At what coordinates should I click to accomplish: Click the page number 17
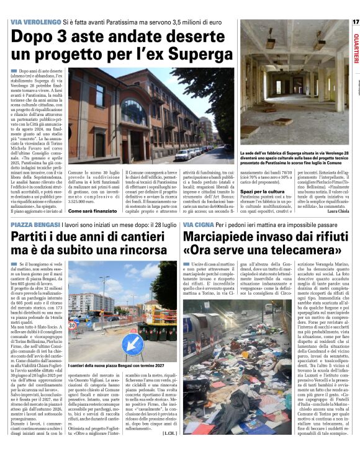pyautogui.click(x=356, y=22)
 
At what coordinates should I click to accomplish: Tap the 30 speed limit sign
pyautogui.click(x=72, y=324)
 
